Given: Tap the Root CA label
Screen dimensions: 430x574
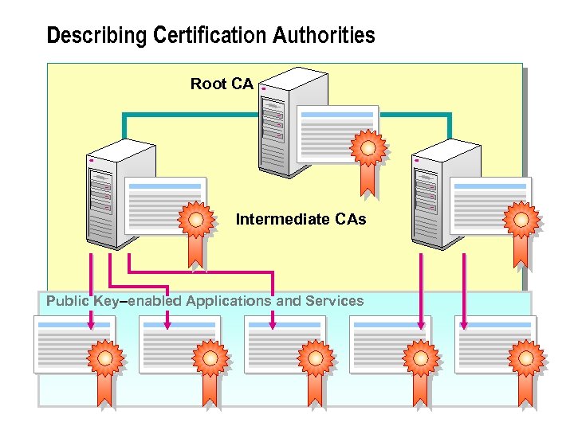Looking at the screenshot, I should (222, 84).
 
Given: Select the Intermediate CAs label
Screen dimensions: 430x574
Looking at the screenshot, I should (301, 219).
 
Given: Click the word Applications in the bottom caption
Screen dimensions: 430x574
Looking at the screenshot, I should (228, 301).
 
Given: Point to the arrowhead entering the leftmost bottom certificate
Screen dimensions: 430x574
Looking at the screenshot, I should (91, 324).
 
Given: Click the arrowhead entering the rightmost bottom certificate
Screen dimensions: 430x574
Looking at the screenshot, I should (464, 324).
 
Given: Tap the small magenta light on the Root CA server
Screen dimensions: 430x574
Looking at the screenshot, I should (263, 89).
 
